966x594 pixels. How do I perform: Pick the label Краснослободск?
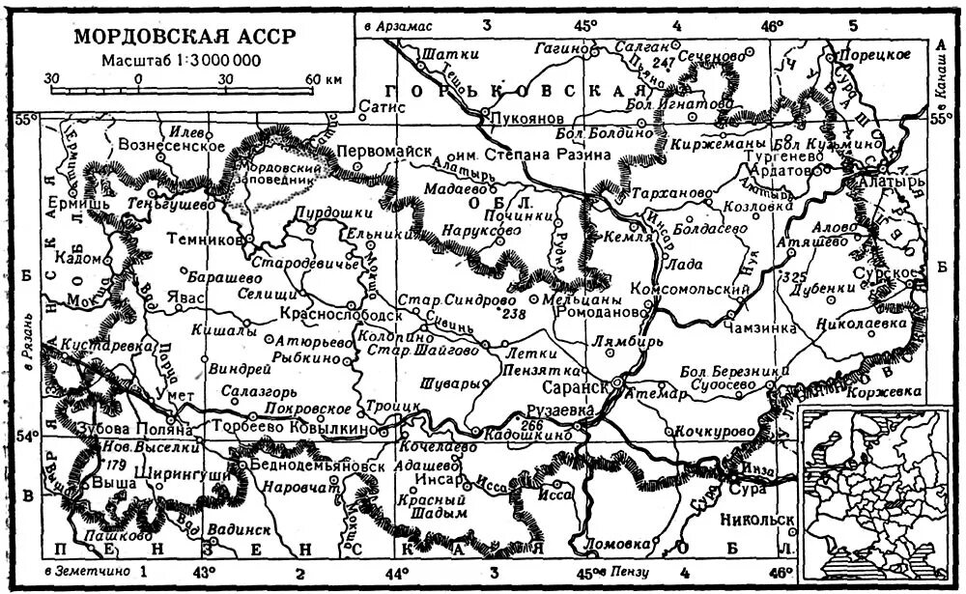click(339, 315)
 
